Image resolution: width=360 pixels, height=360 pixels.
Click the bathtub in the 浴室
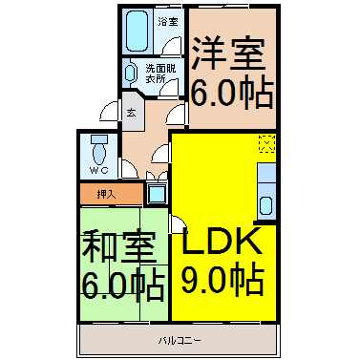[138, 32]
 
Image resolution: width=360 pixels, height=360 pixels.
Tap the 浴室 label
[168, 22]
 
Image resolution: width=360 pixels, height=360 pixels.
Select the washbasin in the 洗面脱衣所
[130, 74]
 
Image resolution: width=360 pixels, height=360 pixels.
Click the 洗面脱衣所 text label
[160, 74]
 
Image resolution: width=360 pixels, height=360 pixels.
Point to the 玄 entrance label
[131, 113]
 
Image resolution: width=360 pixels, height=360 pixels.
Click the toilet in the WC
[99, 150]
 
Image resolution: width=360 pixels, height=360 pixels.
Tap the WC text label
[98, 171]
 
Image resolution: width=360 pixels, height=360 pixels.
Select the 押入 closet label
[106, 194]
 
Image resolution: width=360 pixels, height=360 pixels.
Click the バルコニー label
[180, 341]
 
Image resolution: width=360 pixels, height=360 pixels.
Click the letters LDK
[220, 241]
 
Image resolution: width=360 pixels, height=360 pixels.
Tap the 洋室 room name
[228, 53]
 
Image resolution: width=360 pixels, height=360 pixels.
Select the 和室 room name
[119, 246]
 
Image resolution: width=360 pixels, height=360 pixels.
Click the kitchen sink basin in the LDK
[265, 205]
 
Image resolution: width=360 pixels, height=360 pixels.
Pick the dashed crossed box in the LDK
[266, 143]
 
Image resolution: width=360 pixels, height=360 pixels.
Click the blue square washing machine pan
[158, 193]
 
